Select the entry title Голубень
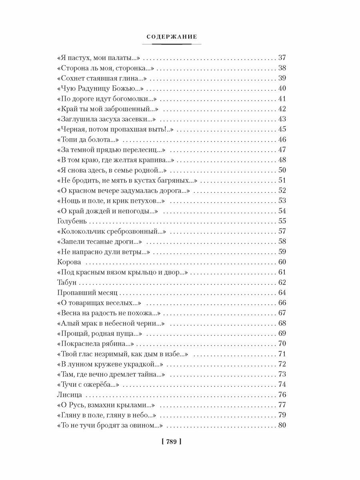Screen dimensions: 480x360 (x=70, y=221)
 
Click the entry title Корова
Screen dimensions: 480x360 (x=69, y=262)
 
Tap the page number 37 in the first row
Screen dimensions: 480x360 (x=282, y=57)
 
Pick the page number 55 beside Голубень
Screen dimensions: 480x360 (x=282, y=221)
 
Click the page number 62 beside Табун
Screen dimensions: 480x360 (x=282, y=283)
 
